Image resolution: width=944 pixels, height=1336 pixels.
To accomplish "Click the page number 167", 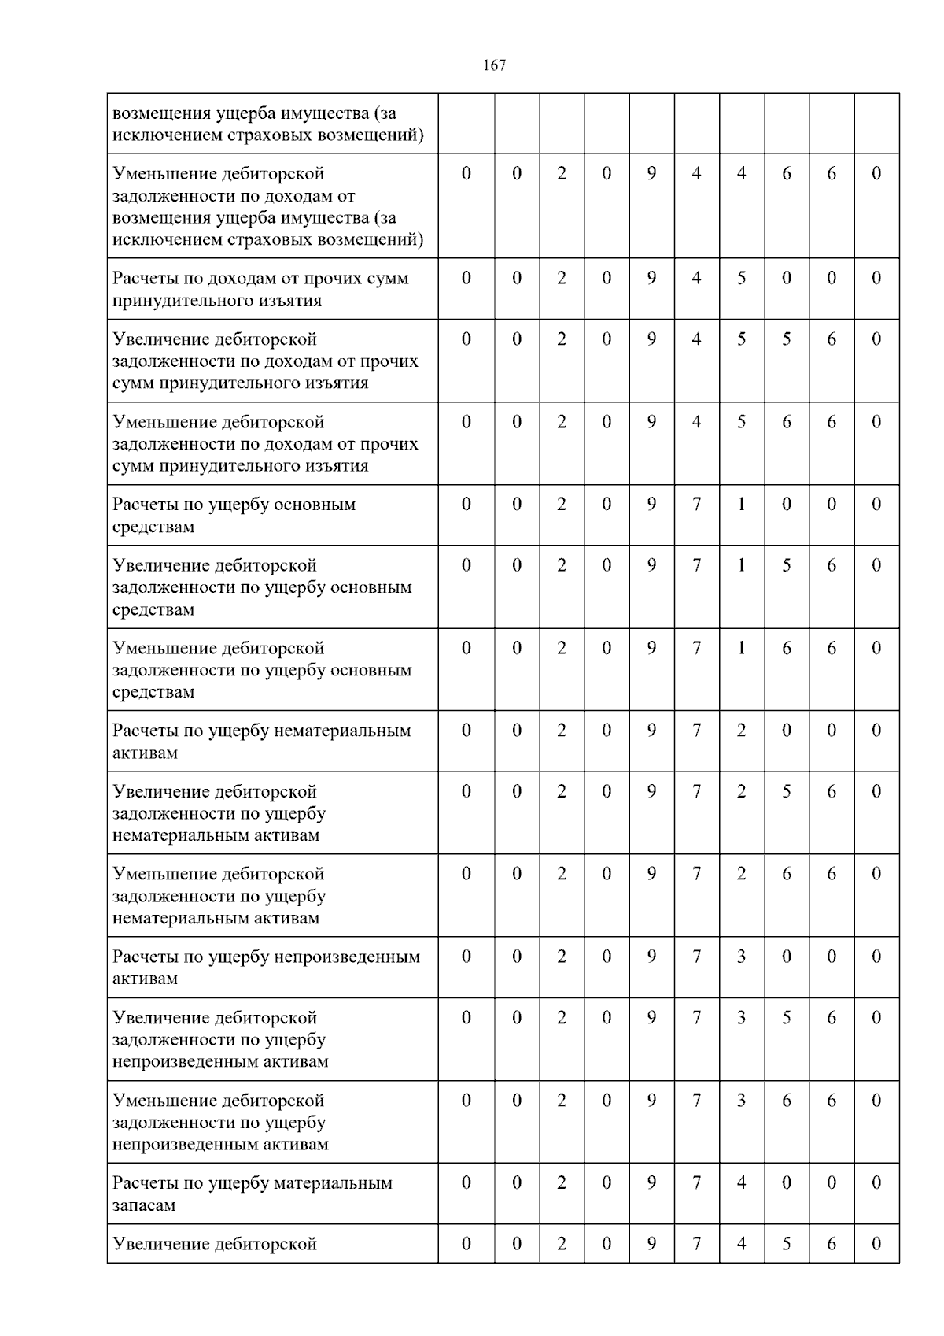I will pyautogui.click(x=494, y=65).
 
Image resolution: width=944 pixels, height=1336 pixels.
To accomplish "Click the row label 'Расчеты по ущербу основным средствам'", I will pyautogui.click(x=234, y=515).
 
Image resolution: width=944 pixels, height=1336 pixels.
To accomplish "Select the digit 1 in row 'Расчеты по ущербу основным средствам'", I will pyautogui.click(x=741, y=504).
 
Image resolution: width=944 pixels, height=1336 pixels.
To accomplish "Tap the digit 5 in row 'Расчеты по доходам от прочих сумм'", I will pyautogui.click(x=741, y=278).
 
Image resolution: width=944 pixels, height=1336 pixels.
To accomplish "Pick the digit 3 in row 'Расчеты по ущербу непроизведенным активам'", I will pyautogui.click(x=741, y=957).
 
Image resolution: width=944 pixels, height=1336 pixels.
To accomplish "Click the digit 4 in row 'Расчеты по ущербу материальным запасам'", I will pyautogui.click(x=741, y=1182).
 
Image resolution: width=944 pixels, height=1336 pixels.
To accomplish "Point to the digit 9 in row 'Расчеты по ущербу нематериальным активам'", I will pyautogui.click(x=651, y=730).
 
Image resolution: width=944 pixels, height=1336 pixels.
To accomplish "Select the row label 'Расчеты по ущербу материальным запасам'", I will pyautogui.click(x=252, y=1194).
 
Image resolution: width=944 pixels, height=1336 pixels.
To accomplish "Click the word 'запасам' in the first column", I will pyautogui.click(x=144, y=1205).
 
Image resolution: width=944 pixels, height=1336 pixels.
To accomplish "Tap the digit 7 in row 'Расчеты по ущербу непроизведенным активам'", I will pyautogui.click(x=696, y=957).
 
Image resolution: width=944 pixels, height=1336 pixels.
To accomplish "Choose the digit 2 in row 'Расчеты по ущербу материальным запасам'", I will pyautogui.click(x=562, y=1182).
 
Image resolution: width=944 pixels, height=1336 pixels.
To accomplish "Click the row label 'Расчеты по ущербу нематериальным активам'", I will pyautogui.click(x=261, y=741).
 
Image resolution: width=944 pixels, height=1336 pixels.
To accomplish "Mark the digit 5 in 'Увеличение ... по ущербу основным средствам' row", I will pyautogui.click(x=786, y=565).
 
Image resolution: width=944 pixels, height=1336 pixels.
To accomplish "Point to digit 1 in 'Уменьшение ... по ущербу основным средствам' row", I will pyautogui.click(x=741, y=648).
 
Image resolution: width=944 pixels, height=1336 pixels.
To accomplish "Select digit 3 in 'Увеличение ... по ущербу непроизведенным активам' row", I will pyautogui.click(x=741, y=1017).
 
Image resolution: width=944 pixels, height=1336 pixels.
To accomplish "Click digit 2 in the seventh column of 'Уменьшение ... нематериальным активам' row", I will pyautogui.click(x=741, y=874).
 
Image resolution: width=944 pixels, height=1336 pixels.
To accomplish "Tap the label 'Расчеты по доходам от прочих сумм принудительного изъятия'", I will pyautogui.click(x=260, y=289).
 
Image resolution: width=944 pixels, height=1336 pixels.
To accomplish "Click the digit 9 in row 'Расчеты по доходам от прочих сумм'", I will pyautogui.click(x=651, y=278).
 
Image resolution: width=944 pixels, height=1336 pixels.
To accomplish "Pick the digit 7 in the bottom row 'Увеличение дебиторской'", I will pyautogui.click(x=696, y=1244).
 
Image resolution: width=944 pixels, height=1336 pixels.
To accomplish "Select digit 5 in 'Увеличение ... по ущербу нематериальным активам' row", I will pyautogui.click(x=786, y=791).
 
